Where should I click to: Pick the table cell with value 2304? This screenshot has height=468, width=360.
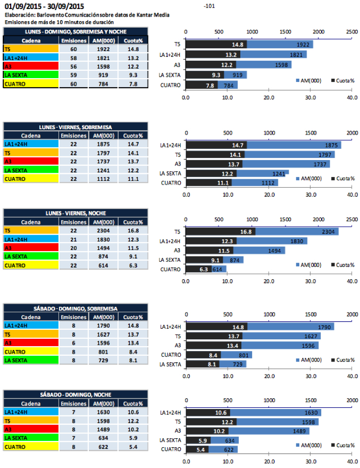pos(103,231)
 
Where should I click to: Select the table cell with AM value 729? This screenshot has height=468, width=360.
pos(103,361)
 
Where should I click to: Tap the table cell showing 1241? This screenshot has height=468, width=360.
pos(103,170)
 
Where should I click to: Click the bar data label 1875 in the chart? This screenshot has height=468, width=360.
pos(326,145)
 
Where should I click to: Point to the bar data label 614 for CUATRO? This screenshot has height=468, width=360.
pos(217,270)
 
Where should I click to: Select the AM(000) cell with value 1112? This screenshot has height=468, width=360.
pos(103,179)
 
